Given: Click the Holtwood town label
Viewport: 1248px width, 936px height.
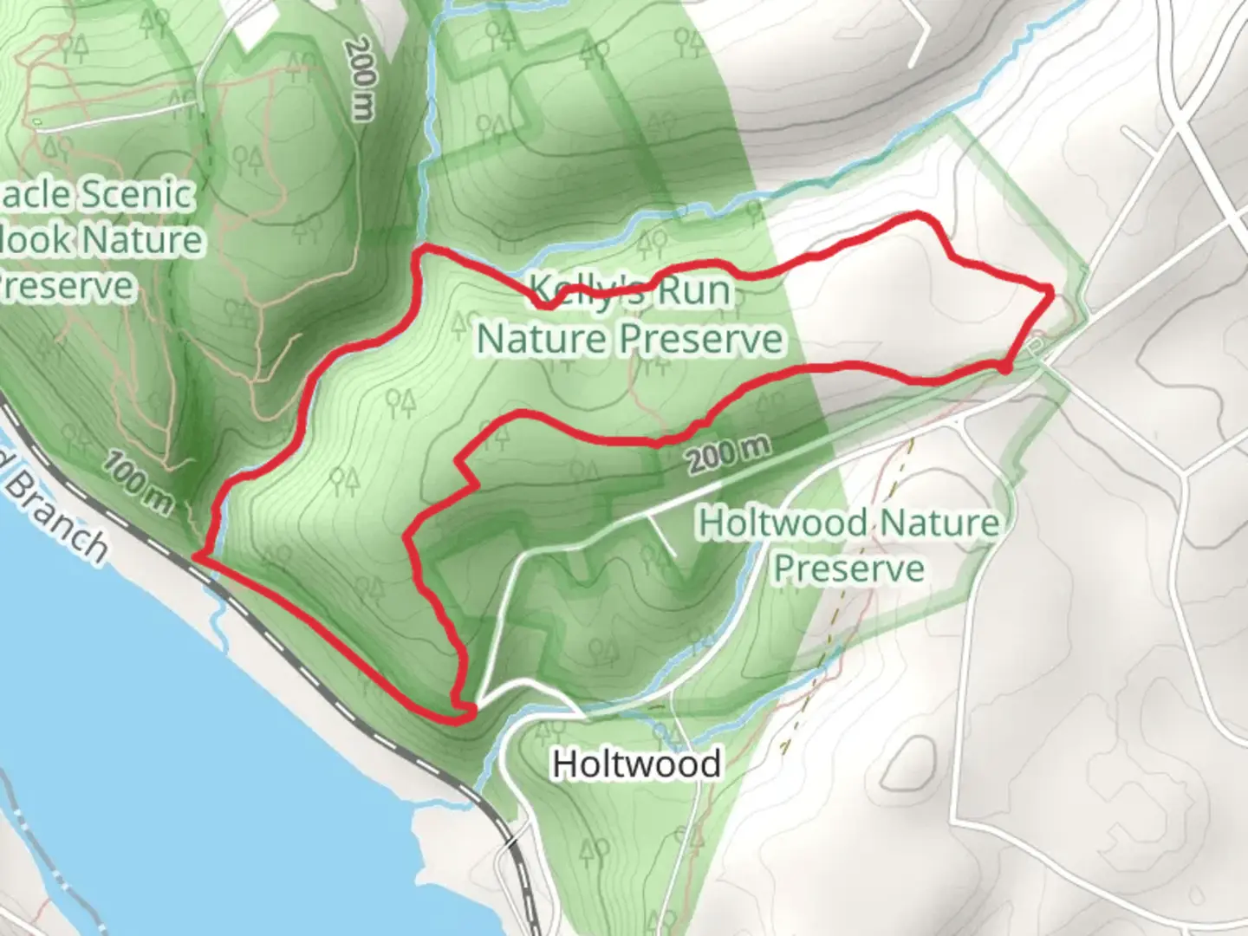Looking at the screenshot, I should [636, 764].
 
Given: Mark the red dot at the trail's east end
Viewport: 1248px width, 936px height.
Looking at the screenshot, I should [1004, 368].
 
